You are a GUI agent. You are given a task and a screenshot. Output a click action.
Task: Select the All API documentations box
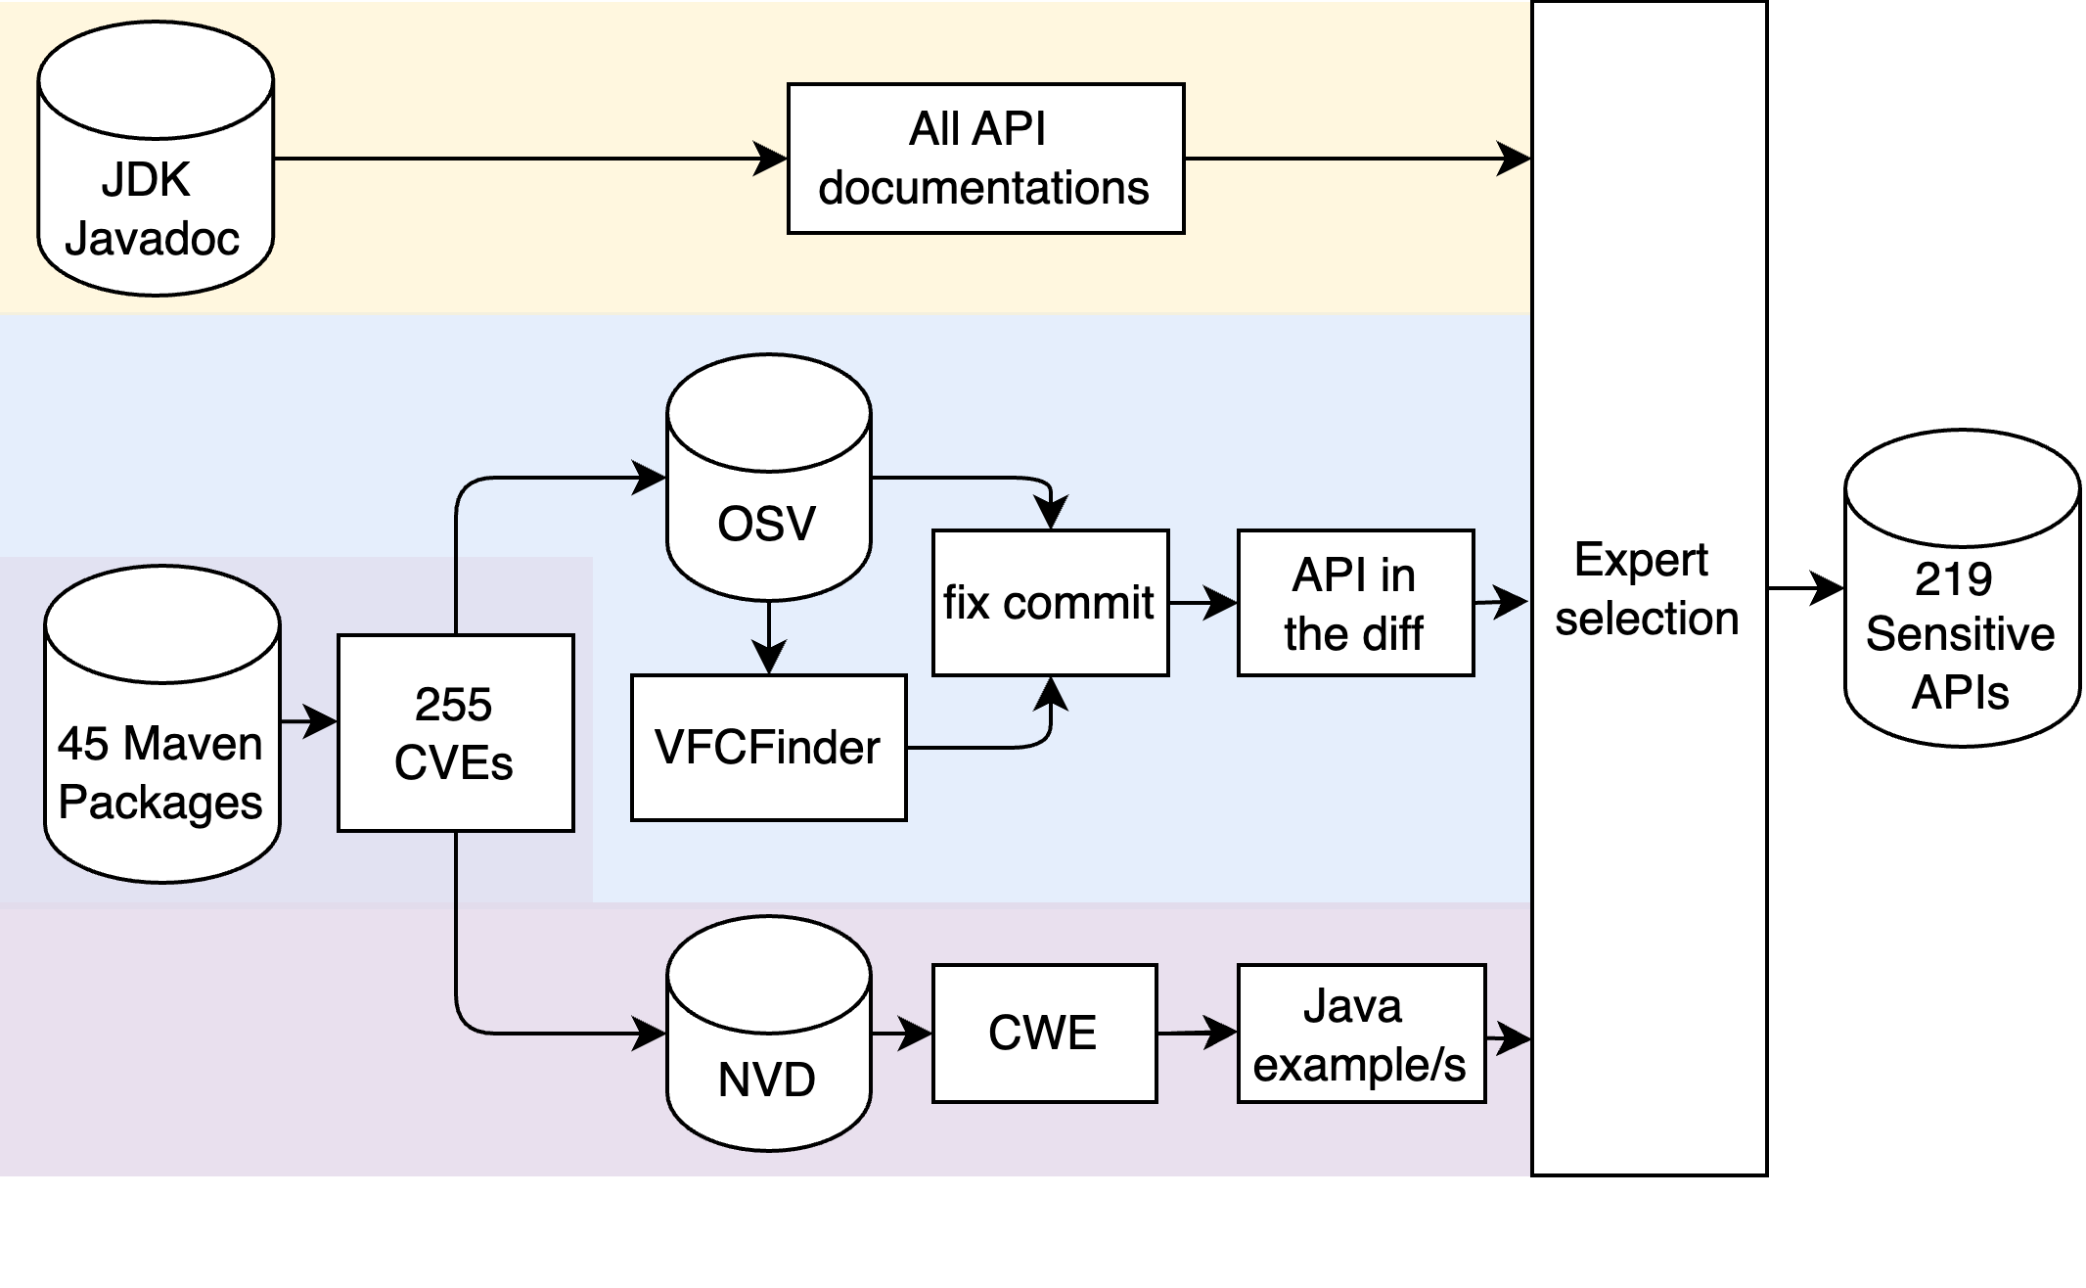coord(985,159)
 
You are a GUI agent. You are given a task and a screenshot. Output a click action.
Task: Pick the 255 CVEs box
coord(455,733)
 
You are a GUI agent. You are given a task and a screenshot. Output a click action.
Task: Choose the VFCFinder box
coord(768,748)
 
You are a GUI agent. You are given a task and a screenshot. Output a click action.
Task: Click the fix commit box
coord(1050,603)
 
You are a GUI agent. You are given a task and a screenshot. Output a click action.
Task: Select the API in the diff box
coord(1355,603)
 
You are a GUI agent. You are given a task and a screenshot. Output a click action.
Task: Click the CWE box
coord(1044,1034)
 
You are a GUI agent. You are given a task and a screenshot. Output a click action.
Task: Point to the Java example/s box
coord(1361,1034)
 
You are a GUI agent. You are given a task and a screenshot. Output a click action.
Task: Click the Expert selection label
coord(1647,589)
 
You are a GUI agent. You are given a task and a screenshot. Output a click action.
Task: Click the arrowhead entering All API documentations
coord(771,159)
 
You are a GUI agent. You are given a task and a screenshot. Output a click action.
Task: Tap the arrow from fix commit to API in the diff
coord(1203,603)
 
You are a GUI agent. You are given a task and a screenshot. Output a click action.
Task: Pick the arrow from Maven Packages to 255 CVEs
coord(309,722)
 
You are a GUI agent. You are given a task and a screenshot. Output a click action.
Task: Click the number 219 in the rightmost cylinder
coord(1953,579)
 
